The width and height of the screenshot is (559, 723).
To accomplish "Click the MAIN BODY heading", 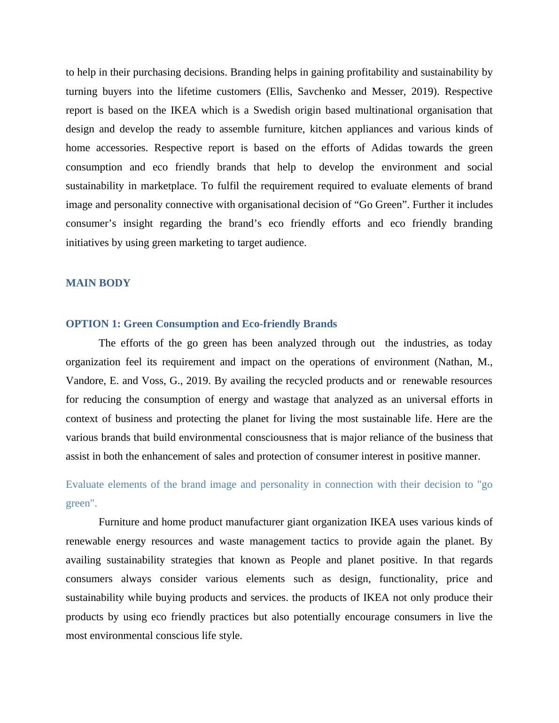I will click(x=98, y=283).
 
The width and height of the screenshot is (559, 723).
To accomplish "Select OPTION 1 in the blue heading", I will click(x=93, y=324).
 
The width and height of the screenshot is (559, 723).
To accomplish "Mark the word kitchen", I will click(x=326, y=129).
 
